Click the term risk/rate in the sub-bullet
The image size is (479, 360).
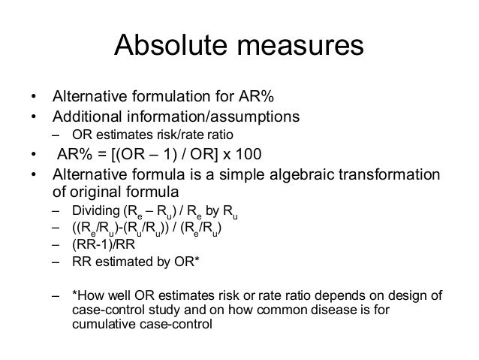170,135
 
